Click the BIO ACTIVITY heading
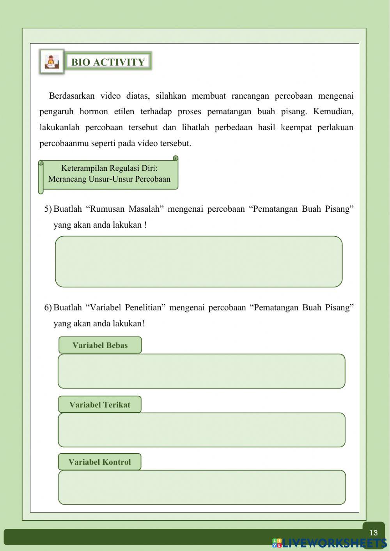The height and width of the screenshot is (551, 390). tap(108, 62)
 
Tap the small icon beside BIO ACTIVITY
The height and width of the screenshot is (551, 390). tap(51, 62)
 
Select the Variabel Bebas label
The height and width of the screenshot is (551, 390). tap(100, 345)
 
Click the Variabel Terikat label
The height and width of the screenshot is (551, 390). tap(100, 405)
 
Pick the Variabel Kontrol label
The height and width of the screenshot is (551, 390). tap(99, 462)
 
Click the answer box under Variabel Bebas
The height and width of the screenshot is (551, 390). tap(201, 371)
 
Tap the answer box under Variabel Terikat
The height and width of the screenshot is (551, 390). tap(201, 430)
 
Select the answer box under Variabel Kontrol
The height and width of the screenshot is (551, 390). tap(202, 487)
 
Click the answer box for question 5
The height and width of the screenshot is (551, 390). tap(199, 262)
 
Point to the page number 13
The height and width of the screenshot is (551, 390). tap(373, 533)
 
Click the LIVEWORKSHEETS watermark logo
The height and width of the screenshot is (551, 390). tap(330, 543)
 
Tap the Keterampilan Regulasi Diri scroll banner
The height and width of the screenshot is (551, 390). tap(109, 174)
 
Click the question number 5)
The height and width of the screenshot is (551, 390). tap(48, 209)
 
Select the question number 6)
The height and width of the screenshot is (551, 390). tap(48, 308)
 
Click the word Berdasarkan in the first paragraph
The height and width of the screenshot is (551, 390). tap(72, 96)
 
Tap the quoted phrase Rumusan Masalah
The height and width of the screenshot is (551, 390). tap(123, 209)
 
